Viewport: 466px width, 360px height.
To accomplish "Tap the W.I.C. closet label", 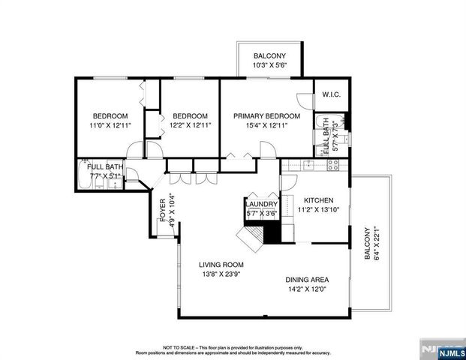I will click(331, 95).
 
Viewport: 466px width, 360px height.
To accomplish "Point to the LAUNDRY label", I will click(262, 204).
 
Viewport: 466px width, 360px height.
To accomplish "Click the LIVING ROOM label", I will click(221, 265).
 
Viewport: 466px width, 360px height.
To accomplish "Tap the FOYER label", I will click(161, 211).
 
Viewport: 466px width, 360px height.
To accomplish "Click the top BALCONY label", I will click(268, 55).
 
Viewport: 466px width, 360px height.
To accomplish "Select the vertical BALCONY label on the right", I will click(368, 245).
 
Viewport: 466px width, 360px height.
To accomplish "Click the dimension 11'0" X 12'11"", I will click(110, 126).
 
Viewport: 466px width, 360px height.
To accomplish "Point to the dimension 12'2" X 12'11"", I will click(190, 126).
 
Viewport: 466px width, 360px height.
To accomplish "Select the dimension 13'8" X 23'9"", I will click(221, 274).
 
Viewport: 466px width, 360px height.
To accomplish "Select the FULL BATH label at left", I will click(104, 166).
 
